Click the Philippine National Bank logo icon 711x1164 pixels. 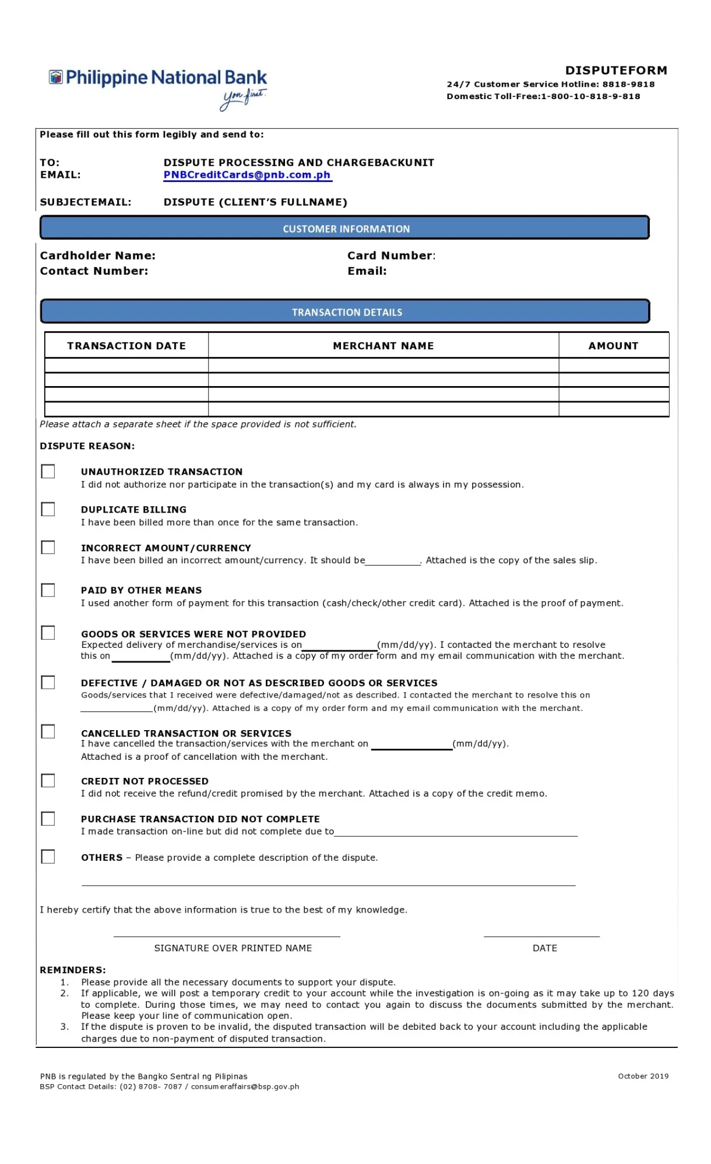click(55, 77)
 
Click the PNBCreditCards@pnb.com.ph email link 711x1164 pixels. click(247, 175)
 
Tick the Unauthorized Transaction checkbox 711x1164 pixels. click(48, 471)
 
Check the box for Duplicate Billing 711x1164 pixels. click(48, 509)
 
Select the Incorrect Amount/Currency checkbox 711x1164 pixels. click(48, 547)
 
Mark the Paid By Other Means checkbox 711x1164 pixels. click(48, 590)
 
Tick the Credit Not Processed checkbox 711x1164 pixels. click(48, 780)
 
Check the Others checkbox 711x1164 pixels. click(48, 856)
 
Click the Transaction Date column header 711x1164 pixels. click(126, 346)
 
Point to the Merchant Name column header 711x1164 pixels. click(383, 346)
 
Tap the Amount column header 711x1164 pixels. click(613, 346)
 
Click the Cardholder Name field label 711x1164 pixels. click(98, 255)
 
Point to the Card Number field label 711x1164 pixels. click(391, 255)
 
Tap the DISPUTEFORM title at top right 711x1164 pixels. click(616, 71)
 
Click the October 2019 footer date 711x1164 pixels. click(643, 1076)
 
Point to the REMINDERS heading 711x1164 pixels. click(73, 970)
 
